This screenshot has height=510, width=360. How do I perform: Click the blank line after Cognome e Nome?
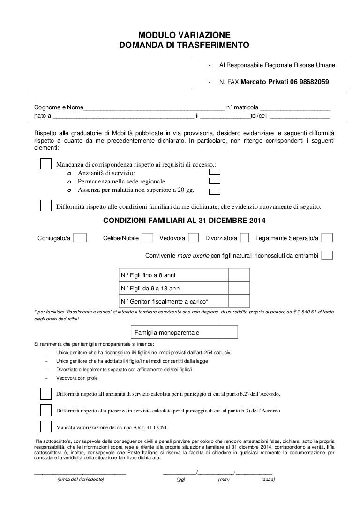[x=154, y=107]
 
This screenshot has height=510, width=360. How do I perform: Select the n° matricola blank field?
[x=295, y=107]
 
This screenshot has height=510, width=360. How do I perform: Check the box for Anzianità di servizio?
[x=215, y=172]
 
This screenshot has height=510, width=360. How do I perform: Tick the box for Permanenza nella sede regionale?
[x=215, y=181]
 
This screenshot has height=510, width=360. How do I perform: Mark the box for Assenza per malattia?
[x=215, y=191]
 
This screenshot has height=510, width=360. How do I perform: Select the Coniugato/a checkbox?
[x=81, y=238]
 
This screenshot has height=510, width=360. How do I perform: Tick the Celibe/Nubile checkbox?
[x=148, y=238]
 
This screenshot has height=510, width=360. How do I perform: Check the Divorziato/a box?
[x=244, y=238]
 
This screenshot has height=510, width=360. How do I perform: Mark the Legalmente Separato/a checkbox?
[x=328, y=238]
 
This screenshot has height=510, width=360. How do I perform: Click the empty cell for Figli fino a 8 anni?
[x=239, y=274]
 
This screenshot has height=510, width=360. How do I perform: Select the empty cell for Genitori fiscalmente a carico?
[x=239, y=301]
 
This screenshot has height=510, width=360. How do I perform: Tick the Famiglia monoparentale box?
[x=229, y=332]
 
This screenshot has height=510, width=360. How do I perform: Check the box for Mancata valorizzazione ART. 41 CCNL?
[x=46, y=427]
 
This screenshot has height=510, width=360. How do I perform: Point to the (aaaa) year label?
[x=268, y=480]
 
